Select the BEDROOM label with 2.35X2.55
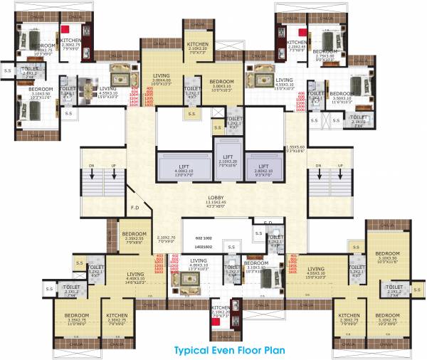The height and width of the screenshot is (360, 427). point(134,235)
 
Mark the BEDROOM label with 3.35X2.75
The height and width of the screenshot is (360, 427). point(77,315)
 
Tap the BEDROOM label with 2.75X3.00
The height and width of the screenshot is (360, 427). point(325,52)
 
